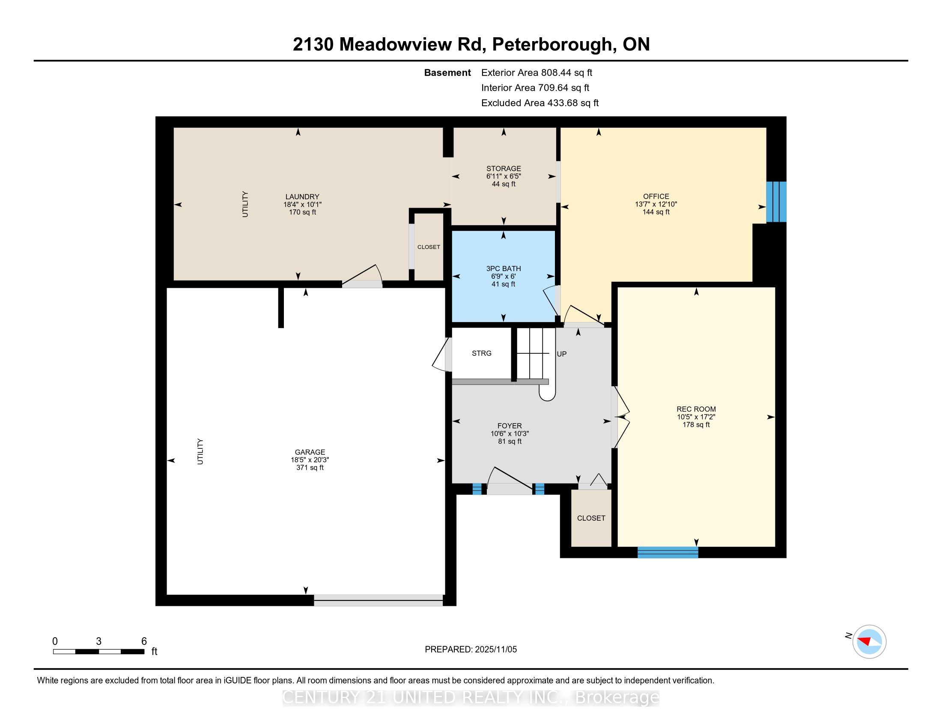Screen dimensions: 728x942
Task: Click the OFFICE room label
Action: (x=656, y=196)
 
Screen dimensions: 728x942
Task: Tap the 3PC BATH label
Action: (x=504, y=268)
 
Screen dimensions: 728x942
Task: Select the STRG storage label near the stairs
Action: (x=481, y=353)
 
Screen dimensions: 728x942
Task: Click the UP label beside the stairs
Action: (x=561, y=354)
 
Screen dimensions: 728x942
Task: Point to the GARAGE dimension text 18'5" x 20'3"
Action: (x=310, y=460)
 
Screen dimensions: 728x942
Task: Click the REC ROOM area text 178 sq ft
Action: (x=696, y=424)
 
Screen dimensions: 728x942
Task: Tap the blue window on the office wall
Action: (x=776, y=202)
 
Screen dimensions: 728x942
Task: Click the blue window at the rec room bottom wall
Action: (x=667, y=552)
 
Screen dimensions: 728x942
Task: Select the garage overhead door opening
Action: (x=378, y=600)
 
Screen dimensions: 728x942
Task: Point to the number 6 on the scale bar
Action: (x=144, y=641)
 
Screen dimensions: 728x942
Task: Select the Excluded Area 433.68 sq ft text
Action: (x=540, y=103)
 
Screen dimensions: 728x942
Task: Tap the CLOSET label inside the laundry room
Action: (x=428, y=247)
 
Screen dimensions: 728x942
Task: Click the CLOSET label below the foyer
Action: (x=591, y=518)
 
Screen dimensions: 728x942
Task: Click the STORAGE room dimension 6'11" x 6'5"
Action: (x=504, y=176)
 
